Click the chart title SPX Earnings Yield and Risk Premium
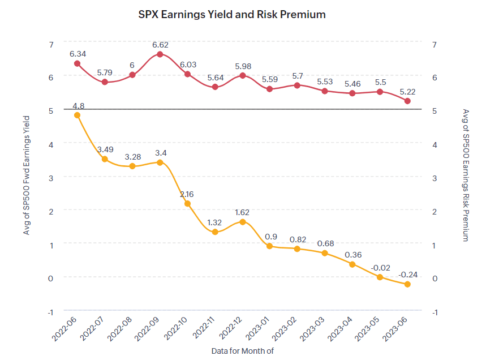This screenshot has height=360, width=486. point(232,15)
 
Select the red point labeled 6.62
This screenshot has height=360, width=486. point(160,54)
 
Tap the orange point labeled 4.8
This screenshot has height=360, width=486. point(78,115)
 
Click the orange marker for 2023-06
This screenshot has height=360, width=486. point(407,284)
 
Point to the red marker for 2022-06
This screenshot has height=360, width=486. point(78,63)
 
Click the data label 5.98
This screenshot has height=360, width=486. point(243,65)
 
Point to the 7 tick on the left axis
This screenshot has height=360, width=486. point(51,44)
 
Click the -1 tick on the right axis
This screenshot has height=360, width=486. point(435,312)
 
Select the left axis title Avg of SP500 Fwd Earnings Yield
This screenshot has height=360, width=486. point(26,176)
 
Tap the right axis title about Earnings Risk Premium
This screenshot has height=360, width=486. point(466,175)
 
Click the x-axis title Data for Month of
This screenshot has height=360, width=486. point(243,351)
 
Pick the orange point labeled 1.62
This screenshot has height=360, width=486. point(243,222)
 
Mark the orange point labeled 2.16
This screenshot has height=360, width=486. point(188,203)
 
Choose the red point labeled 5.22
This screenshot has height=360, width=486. point(407,101)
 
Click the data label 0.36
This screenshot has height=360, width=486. point(352,254)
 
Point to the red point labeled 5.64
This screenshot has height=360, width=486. point(215,87)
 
